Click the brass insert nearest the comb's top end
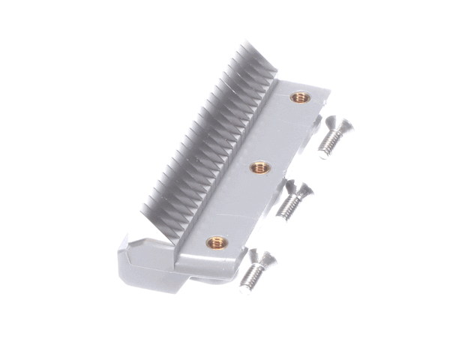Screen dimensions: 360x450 tap(300, 97)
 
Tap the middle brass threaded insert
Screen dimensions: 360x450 tap(259, 168)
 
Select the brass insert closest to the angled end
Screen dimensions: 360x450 tap(217, 241)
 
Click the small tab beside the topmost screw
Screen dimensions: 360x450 tap(318, 120)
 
